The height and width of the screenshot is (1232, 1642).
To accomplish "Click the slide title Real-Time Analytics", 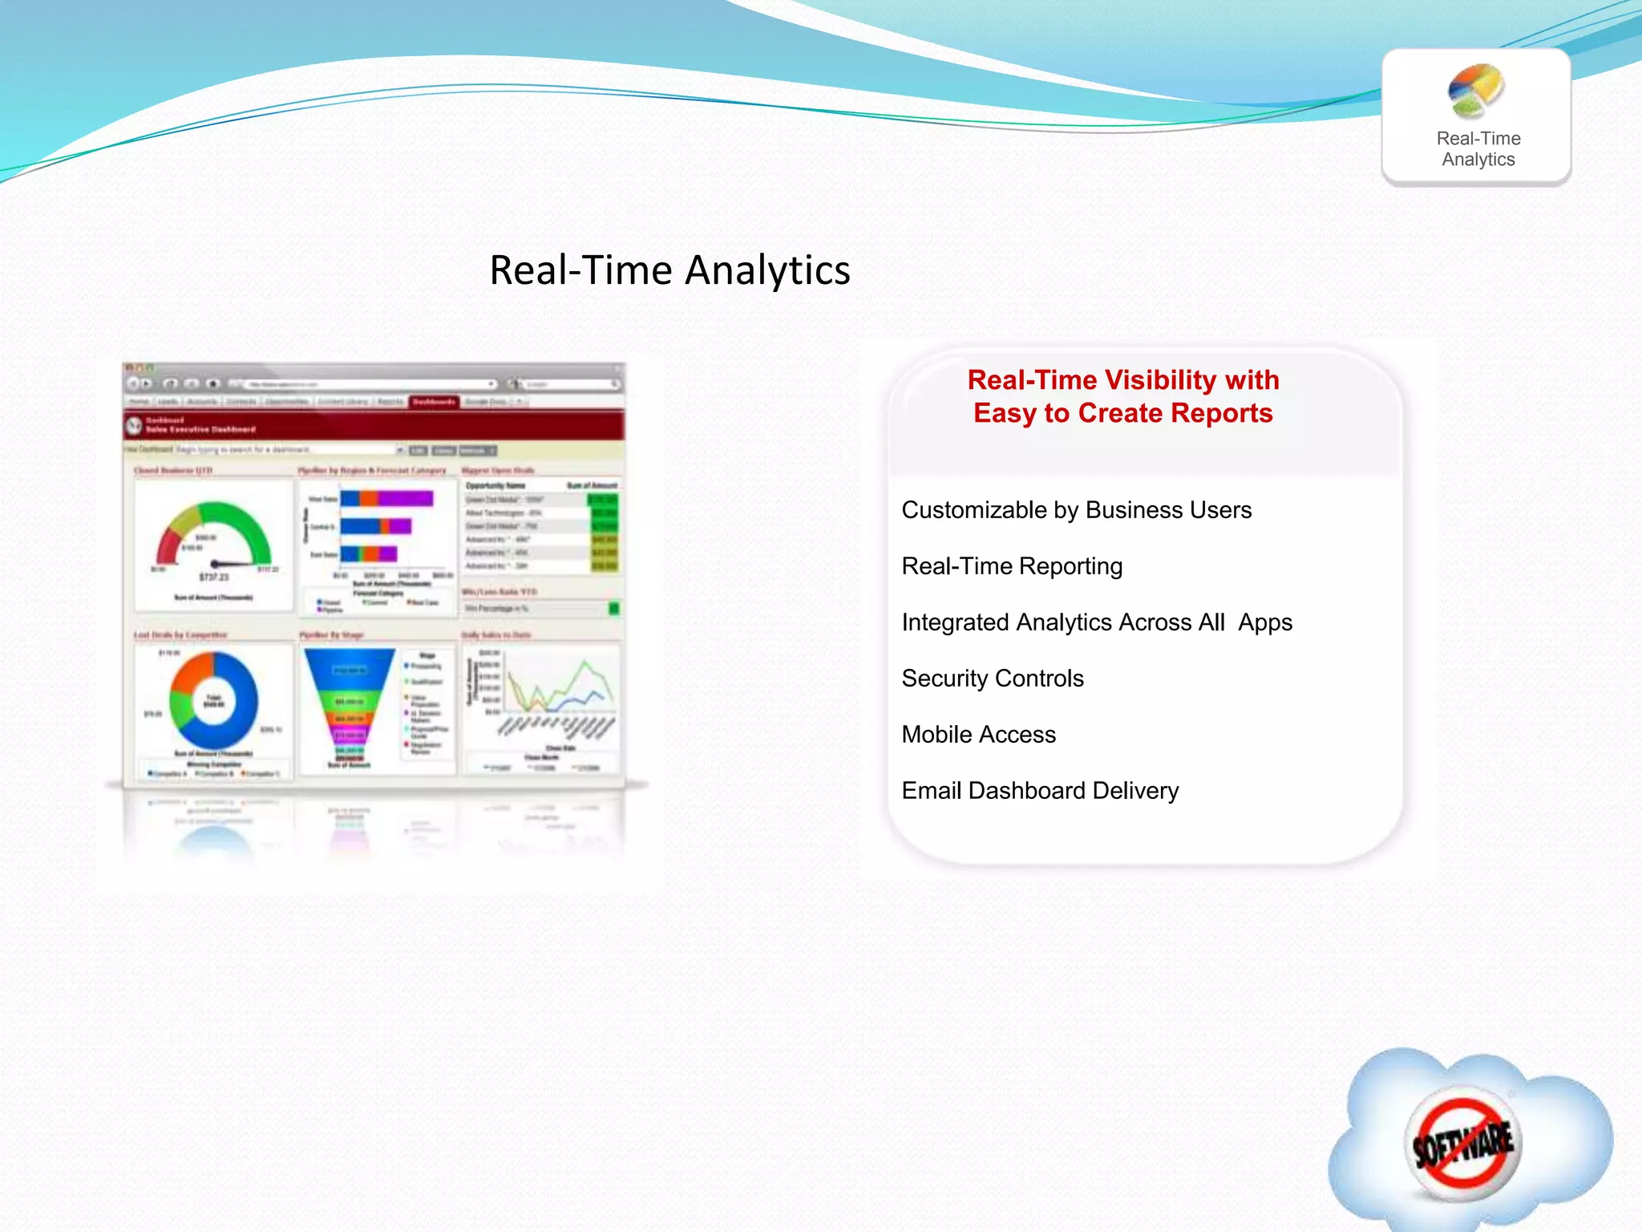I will point(669,270).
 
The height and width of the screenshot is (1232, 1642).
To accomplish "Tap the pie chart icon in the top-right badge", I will point(1475,90).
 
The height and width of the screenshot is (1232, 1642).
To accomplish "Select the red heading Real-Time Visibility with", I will point(1122,379).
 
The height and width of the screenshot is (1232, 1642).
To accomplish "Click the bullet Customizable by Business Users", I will point(1076,510).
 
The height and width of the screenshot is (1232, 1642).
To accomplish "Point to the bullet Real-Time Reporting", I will point(1012,566).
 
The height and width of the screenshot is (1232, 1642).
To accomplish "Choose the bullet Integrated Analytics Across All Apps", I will point(1096,622).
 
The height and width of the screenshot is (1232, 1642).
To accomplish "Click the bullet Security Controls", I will point(993,679).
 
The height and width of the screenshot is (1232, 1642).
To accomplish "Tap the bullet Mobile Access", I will point(978,735).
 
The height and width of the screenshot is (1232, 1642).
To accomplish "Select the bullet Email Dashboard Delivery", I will point(1040,791).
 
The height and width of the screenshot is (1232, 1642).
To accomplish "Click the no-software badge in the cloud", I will point(1464,1143).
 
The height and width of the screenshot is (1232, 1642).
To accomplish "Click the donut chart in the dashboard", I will point(213,699).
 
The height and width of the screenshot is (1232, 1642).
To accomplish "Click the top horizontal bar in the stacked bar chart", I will point(386,499).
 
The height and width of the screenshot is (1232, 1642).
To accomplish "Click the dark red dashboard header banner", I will point(374,425).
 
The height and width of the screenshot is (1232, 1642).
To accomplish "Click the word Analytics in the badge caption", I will point(1478,160).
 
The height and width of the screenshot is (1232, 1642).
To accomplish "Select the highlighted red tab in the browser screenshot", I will point(434,401).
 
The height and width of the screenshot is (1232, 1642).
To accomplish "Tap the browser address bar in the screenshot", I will point(369,384).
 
